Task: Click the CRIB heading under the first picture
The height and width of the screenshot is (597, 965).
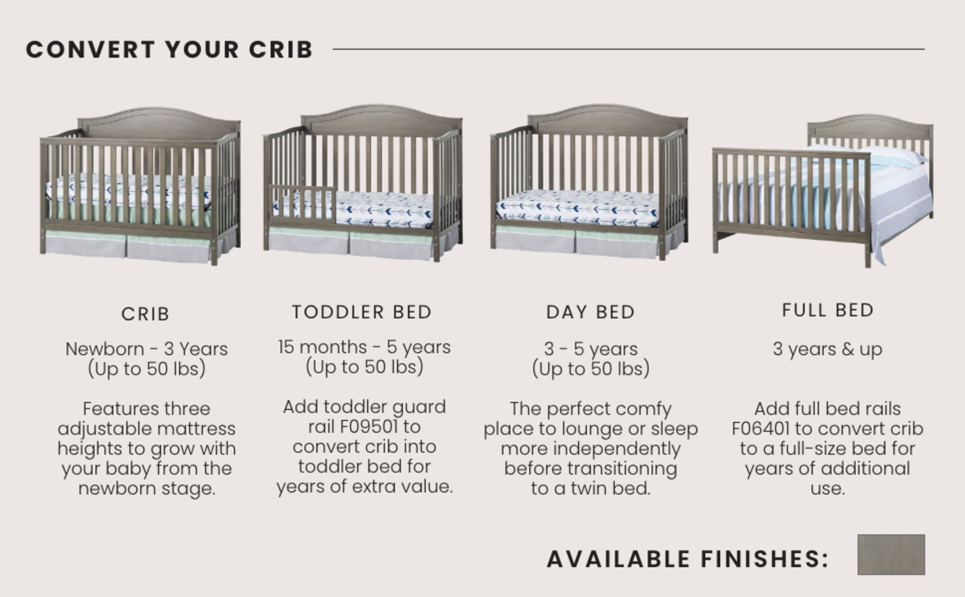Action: pos(145,314)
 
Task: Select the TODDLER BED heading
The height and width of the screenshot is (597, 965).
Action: pos(362,312)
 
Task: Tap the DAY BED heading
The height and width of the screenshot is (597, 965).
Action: pos(590,312)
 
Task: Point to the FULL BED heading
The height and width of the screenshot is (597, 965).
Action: pos(827,310)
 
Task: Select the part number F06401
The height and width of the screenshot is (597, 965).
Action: pos(761,428)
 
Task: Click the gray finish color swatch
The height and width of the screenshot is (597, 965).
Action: pos(891,554)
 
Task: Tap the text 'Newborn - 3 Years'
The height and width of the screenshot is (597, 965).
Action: pos(146,349)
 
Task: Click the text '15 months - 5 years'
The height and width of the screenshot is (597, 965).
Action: pos(364,347)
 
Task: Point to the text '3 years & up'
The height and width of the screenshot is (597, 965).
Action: pos(827,349)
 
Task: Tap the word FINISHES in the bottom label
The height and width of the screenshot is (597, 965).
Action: pos(765,559)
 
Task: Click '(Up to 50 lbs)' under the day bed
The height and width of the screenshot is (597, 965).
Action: pos(590,369)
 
